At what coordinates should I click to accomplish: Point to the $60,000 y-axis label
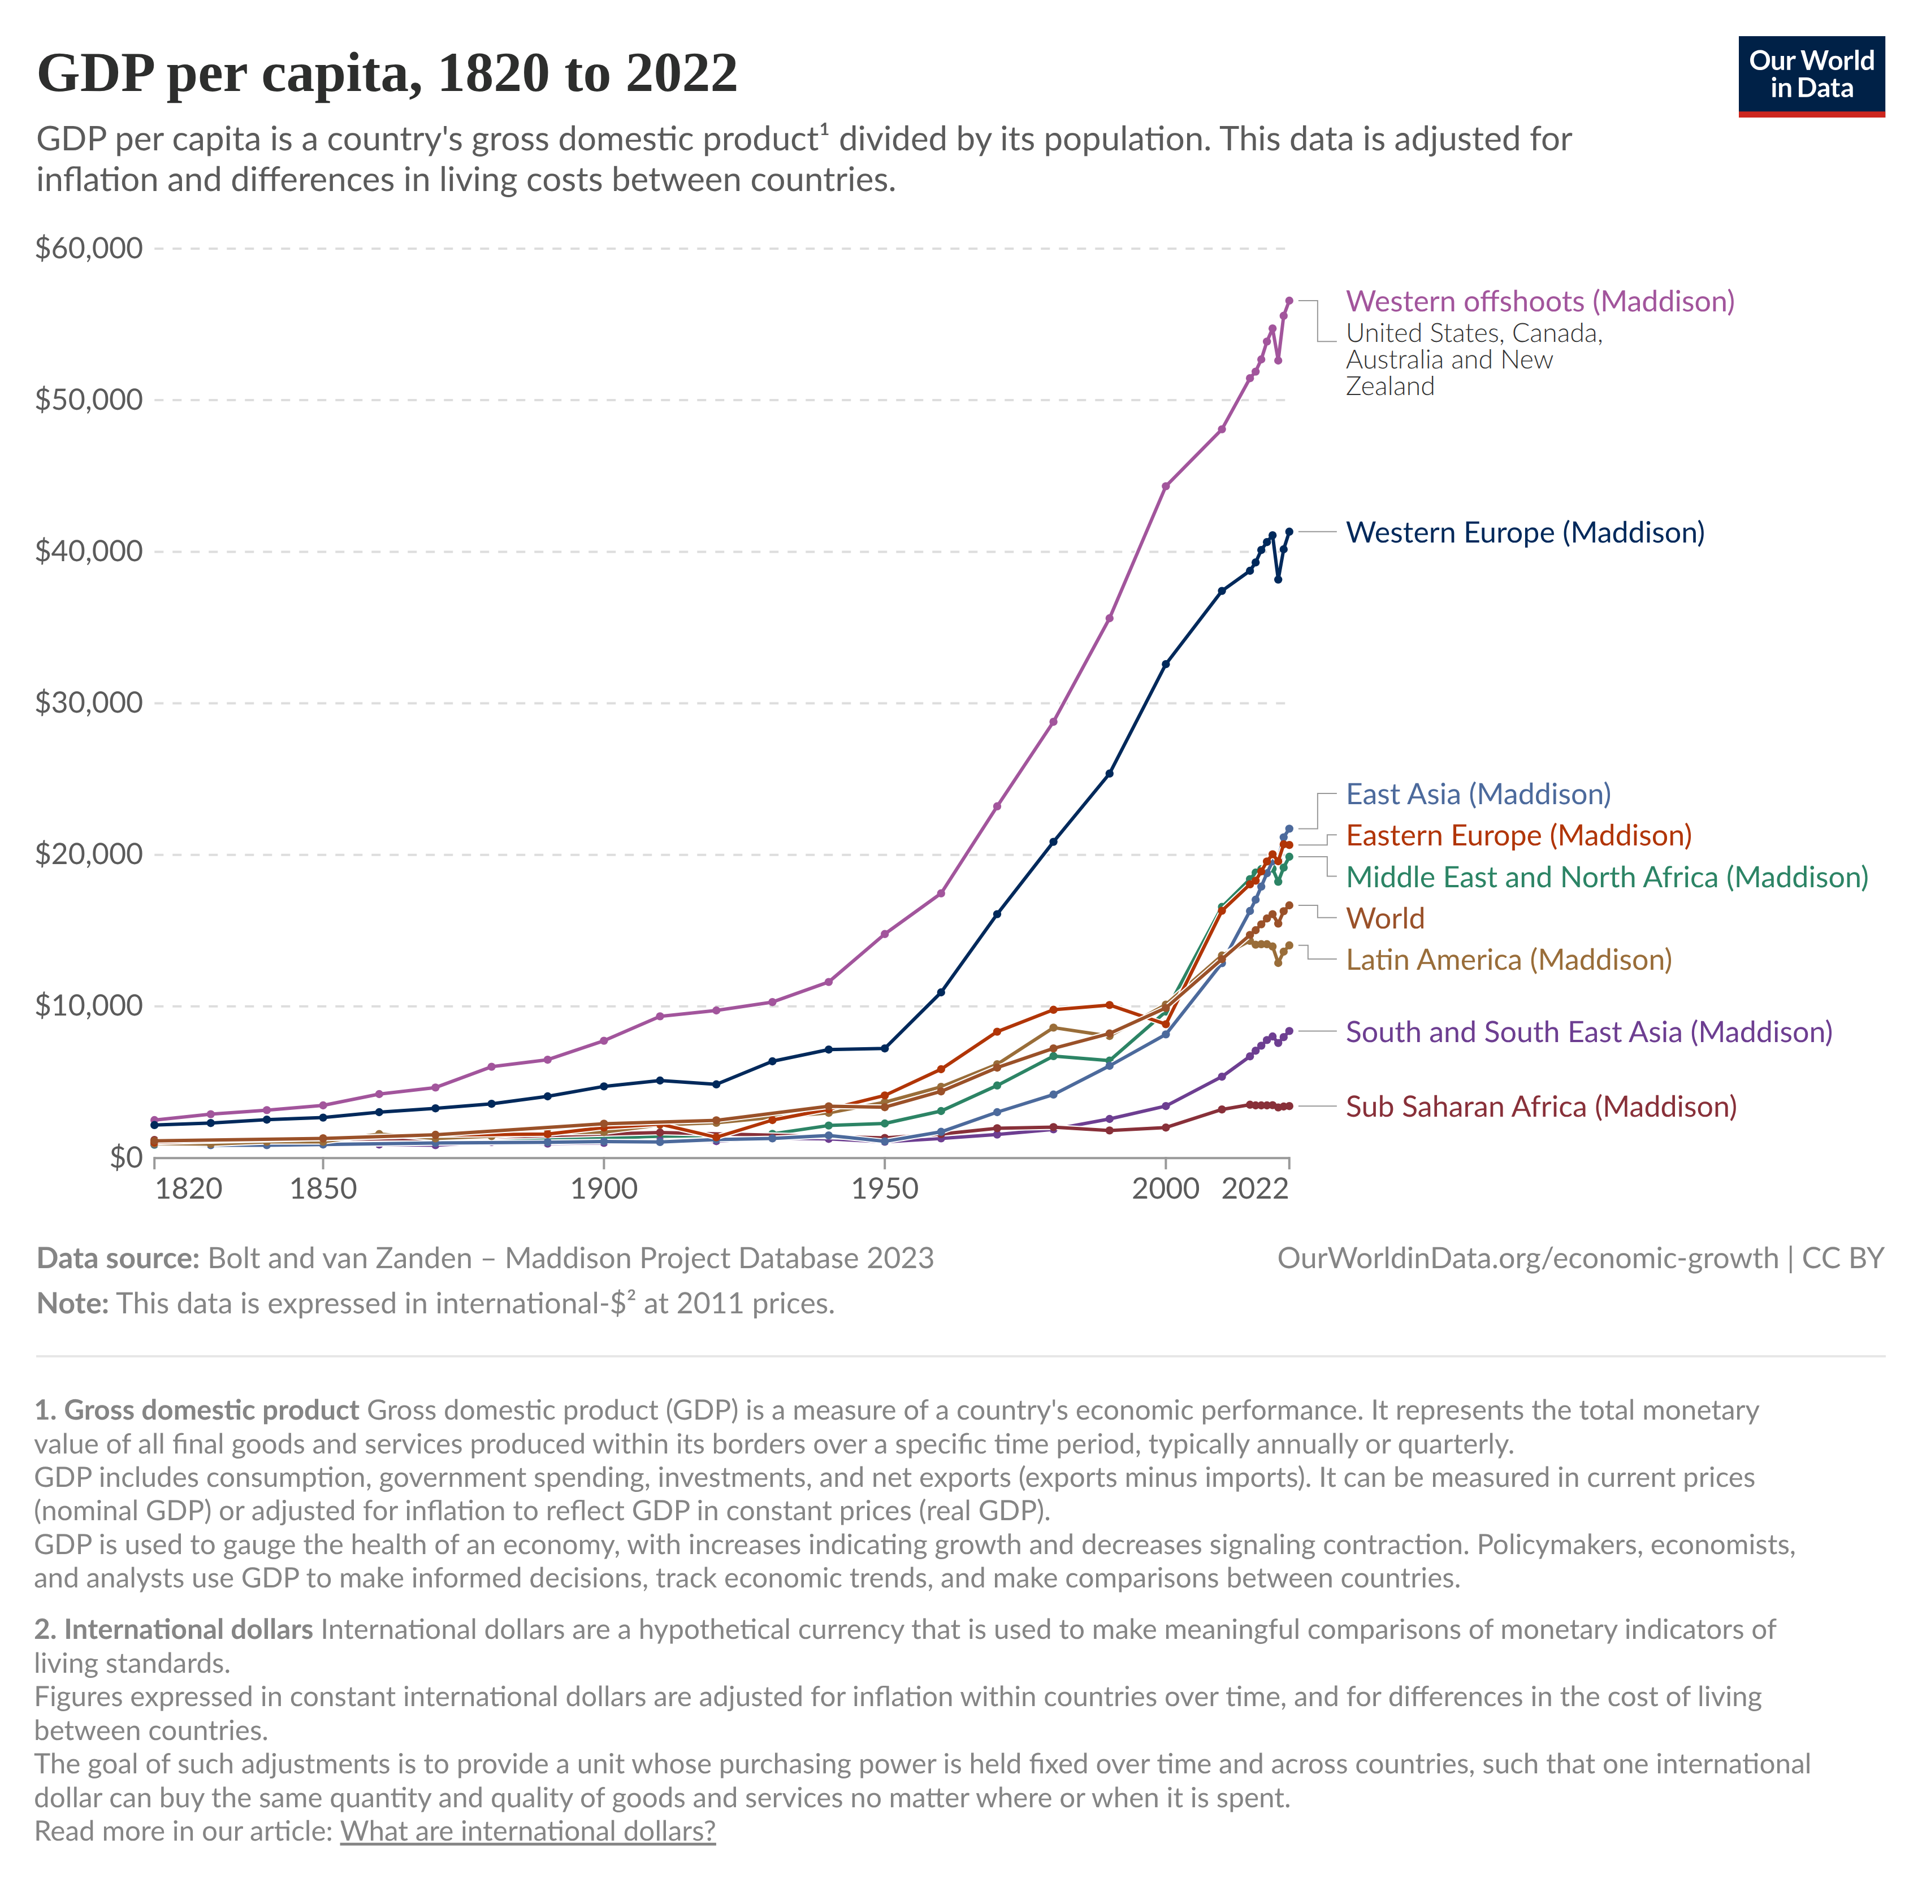(x=89, y=248)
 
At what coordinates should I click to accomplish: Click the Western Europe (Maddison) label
(x=1525, y=532)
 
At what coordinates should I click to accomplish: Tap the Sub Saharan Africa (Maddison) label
(x=1540, y=1107)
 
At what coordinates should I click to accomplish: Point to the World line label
(x=1385, y=919)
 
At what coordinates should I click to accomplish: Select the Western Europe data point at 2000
(x=1165, y=663)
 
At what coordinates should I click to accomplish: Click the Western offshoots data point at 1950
(x=884, y=934)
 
